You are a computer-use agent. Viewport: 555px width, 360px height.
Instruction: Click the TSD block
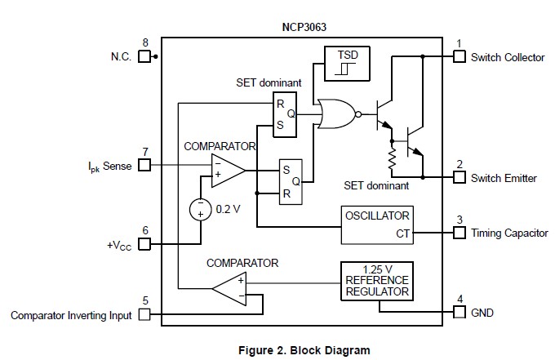coord(347,64)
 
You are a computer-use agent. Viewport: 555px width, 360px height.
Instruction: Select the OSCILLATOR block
coord(377,224)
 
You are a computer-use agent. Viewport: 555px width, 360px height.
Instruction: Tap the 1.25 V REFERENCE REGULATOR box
coord(376,281)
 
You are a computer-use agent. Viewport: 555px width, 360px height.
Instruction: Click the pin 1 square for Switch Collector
coord(459,57)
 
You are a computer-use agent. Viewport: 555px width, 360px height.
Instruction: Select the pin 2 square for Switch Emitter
coord(459,177)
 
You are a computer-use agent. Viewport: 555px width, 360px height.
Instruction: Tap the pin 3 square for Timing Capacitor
coord(459,233)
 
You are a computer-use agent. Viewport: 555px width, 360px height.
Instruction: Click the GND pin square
coord(459,313)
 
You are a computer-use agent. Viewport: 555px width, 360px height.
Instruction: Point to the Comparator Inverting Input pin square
coord(145,314)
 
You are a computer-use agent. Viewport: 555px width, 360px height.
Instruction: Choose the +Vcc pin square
coord(145,243)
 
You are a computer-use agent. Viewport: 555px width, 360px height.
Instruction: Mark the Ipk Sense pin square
coord(145,165)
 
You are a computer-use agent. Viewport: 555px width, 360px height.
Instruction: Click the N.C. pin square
coord(145,57)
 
